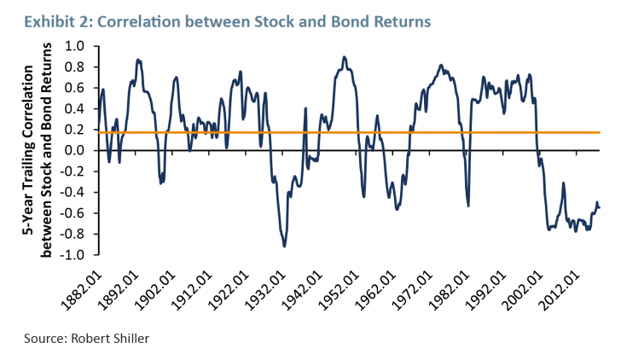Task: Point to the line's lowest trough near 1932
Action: coord(284,246)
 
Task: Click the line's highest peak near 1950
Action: coord(344,57)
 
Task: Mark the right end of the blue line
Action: coord(600,207)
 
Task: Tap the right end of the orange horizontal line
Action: coord(601,132)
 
